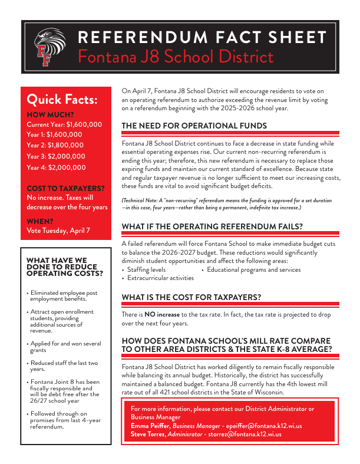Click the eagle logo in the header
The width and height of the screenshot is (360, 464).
point(49,46)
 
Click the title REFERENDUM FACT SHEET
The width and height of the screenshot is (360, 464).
point(202,38)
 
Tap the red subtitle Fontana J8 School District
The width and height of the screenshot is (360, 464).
point(176,57)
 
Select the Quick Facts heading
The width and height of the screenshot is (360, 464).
point(62,98)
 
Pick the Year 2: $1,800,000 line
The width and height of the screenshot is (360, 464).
point(55,146)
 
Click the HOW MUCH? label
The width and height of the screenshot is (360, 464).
point(51,114)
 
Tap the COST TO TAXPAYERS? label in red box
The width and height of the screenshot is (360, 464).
point(66,188)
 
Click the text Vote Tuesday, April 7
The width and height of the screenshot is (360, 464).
point(59,231)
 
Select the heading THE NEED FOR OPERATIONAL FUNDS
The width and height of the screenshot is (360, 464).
point(194,126)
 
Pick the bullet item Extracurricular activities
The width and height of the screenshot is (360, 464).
point(160,278)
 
